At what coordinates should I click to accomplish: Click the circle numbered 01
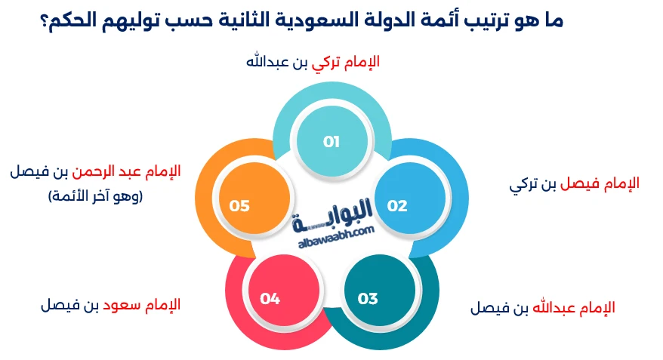(x=331, y=141)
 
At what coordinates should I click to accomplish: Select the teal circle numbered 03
(x=368, y=299)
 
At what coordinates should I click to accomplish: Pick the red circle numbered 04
(x=270, y=299)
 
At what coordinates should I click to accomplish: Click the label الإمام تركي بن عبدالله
(x=313, y=61)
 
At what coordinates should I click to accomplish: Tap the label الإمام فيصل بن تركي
(x=575, y=183)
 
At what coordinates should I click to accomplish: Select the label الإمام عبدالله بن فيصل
(x=542, y=308)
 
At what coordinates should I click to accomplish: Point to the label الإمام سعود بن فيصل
(x=110, y=305)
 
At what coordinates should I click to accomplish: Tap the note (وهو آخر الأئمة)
(x=95, y=196)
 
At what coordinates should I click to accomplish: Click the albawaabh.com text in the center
(x=333, y=232)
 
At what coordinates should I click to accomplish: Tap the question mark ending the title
(x=45, y=20)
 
